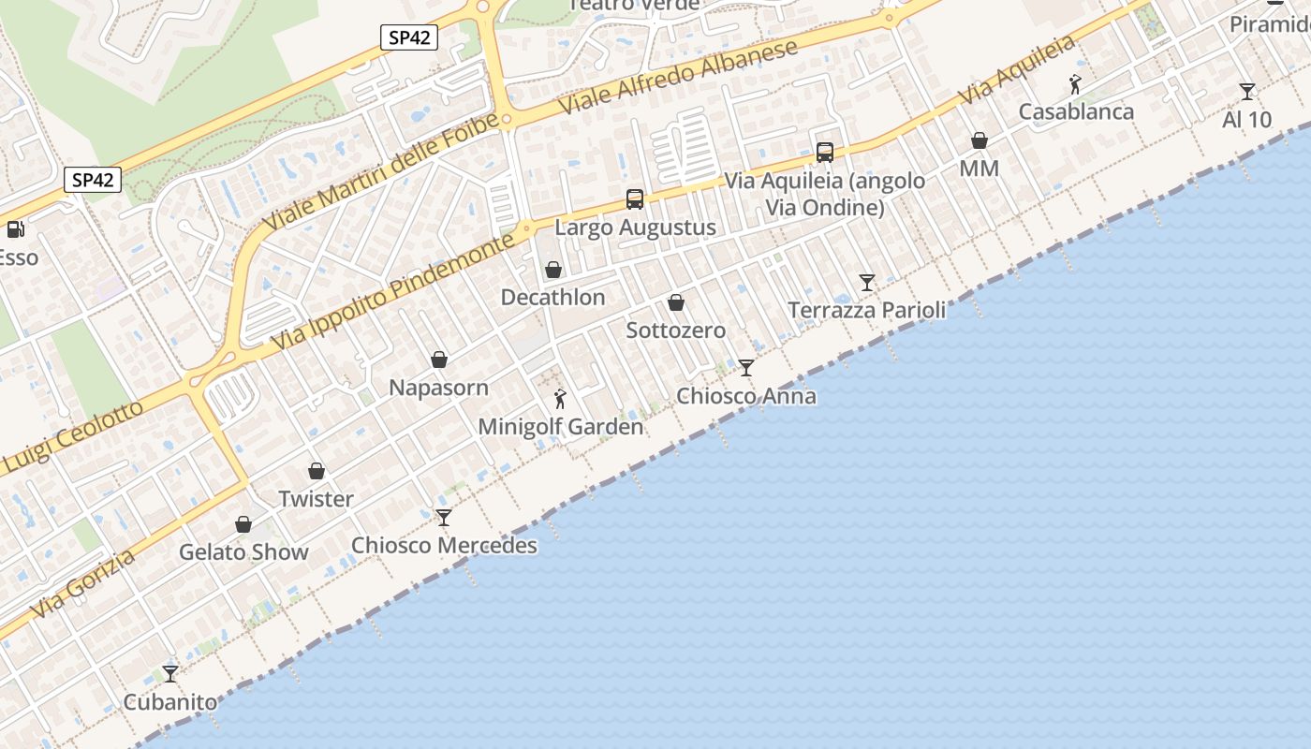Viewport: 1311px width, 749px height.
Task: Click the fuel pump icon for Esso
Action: pos(14,228)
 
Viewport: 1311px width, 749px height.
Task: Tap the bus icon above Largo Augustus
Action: pos(635,198)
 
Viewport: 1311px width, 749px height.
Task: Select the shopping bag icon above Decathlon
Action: pos(553,270)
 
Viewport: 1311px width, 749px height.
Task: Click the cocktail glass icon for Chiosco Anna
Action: pos(746,367)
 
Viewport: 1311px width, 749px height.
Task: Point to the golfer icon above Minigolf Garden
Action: pos(560,399)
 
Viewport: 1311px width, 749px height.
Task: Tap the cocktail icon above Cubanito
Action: pos(170,673)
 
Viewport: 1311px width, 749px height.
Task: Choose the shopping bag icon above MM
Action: pos(980,140)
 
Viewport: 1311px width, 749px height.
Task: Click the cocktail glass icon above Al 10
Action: pos(1247,91)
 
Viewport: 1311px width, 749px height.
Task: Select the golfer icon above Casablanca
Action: pos(1075,84)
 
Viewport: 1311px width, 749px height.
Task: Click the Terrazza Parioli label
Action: pos(867,310)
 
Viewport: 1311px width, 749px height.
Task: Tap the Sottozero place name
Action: pos(676,330)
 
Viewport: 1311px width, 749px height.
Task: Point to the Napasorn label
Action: pos(438,388)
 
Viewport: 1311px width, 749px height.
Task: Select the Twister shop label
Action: pos(317,499)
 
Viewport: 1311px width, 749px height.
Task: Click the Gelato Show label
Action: pos(243,551)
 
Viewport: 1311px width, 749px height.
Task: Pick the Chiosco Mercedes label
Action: pos(444,545)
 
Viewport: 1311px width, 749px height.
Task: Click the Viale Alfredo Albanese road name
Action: pos(679,77)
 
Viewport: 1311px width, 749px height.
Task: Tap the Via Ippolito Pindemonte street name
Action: pos(393,292)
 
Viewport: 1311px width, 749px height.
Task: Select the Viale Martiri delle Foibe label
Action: pos(382,172)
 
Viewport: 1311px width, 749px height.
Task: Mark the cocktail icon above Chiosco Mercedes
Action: pos(444,517)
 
